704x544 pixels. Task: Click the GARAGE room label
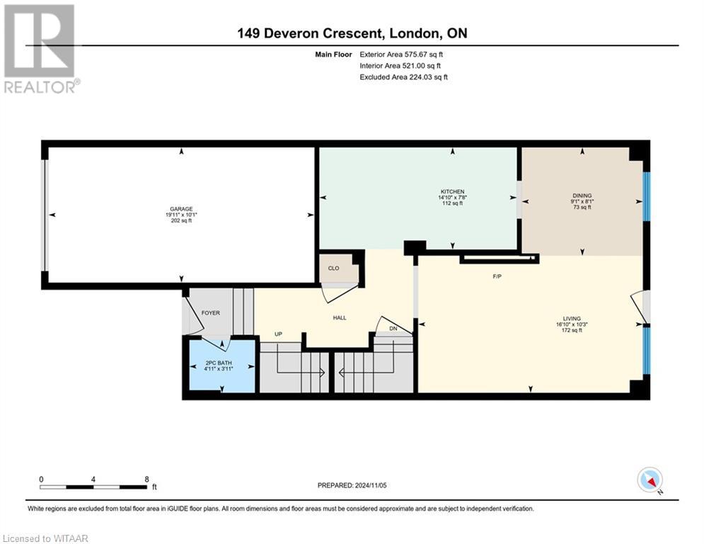point(181,209)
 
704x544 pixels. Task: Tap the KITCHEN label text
point(452,191)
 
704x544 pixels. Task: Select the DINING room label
point(582,195)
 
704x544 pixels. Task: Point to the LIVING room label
point(572,318)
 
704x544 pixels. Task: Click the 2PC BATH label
point(219,363)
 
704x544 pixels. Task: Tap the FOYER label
point(211,313)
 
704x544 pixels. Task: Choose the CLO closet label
point(333,268)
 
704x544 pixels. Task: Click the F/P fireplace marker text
point(497,276)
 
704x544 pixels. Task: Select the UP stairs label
point(278,334)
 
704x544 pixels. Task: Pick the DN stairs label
point(393,329)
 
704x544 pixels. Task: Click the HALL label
point(340,318)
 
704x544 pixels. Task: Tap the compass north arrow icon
point(650,480)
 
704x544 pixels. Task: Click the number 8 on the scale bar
point(146,480)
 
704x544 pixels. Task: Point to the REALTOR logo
point(40,49)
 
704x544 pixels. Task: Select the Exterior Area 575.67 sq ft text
point(401,55)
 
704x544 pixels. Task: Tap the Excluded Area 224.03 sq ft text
point(403,77)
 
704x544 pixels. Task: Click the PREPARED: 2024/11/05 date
point(352,485)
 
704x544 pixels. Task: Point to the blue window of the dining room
point(647,196)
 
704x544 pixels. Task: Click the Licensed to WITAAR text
point(45,538)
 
